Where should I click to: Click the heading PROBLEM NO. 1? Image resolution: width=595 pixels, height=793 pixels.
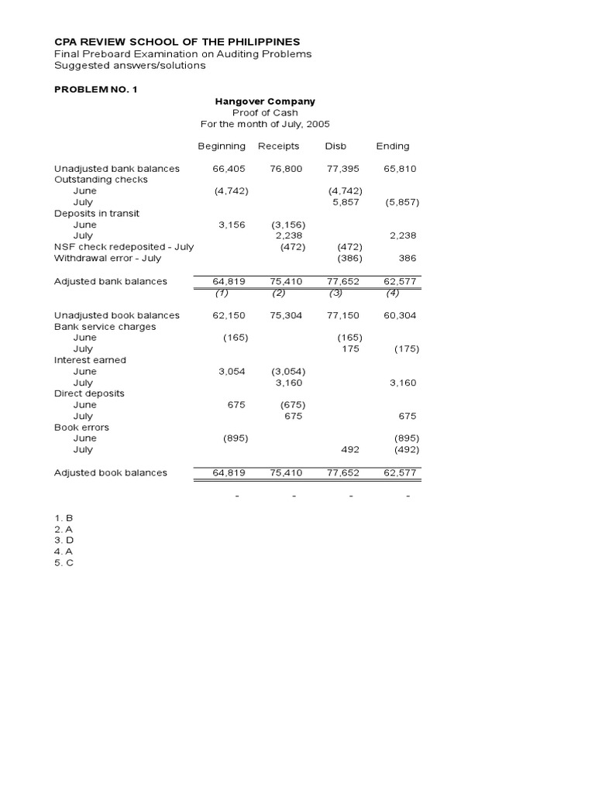[x=95, y=90]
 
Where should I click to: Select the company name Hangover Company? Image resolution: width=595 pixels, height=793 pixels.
[x=264, y=101]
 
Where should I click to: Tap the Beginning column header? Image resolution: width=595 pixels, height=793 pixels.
[x=222, y=146]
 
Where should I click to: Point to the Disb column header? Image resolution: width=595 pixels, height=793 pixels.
[x=335, y=146]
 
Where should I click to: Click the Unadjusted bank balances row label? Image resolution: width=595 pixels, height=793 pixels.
[x=117, y=168]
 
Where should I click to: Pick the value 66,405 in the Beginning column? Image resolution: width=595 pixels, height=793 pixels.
[x=229, y=168]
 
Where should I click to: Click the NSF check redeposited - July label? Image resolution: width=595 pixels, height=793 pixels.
[x=124, y=247]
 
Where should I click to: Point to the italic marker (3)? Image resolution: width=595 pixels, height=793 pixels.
[x=335, y=293]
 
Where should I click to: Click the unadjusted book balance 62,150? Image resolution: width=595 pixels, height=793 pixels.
[x=229, y=315]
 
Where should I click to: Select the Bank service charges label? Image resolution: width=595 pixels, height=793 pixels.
[x=105, y=327]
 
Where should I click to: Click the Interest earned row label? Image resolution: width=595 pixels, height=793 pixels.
[x=90, y=360]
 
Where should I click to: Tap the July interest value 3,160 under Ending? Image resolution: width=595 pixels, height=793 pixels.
[x=403, y=383]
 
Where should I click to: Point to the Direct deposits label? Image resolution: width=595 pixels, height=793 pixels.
[x=89, y=393]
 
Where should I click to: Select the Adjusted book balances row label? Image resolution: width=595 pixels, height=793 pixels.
[x=111, y=472]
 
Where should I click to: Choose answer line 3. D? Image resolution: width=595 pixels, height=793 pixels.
[x=64, y=540]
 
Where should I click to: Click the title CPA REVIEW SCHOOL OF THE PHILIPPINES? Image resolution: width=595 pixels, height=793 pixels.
[x=177, y=41]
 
